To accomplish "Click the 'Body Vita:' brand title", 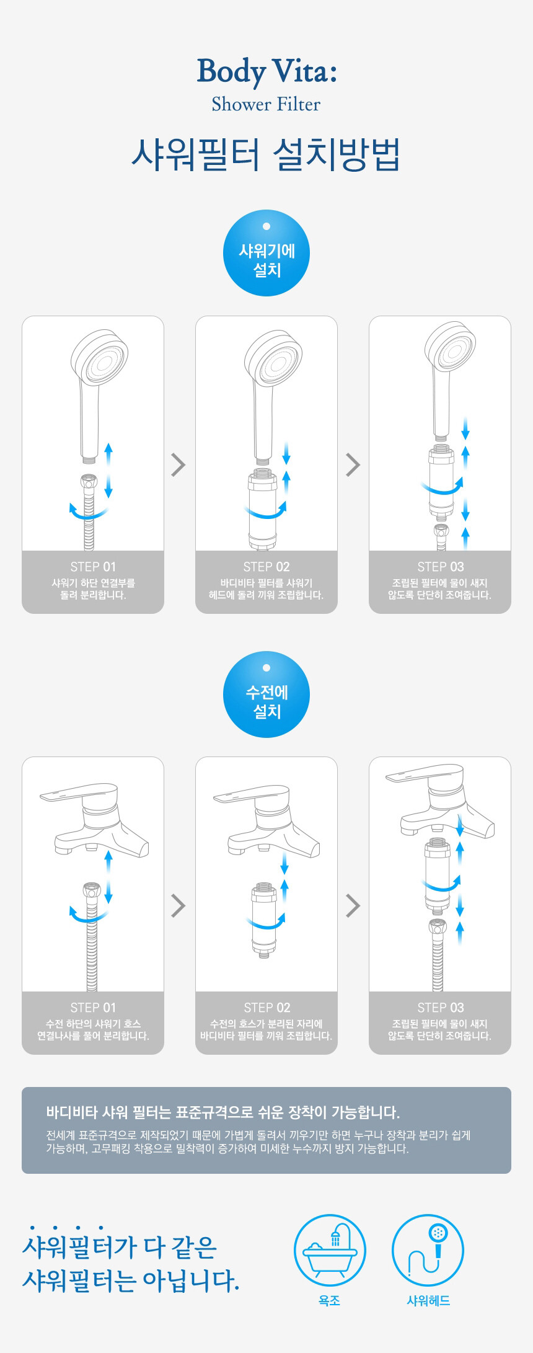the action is click(x=266, y=71).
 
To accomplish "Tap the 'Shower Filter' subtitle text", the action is click(x=266, y=104).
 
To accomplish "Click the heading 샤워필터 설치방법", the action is click(x=266, y=154).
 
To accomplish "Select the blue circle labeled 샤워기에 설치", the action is click(x=266, y=253).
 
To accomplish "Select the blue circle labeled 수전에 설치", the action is click(x=266, y=694).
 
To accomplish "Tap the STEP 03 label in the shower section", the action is click(x=440, y=567).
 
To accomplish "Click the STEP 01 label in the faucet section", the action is click(x=93, y=1008).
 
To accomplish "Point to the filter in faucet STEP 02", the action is click(x=264, y=920).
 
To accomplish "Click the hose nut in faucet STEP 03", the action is click(x=438, y=928).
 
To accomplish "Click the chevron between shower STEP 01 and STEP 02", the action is click(x=178, y=464).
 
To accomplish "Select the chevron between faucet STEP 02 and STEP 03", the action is click(x=353, y=905).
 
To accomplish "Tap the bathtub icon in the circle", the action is click(x=330, y=1249).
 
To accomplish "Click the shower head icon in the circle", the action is click(x=428, y=1249).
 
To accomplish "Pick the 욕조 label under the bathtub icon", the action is click(x=329, y=1300).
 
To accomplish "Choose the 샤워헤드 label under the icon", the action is click(x=428, y=1300).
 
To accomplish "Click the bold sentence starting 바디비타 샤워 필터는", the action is click(x=223, y=1112).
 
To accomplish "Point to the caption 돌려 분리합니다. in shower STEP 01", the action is click(x=93, y=595).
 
